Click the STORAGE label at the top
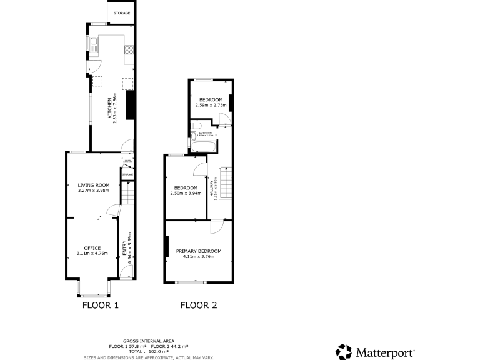(122, 12)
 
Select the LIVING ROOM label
(94, 185)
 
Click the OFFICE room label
(88, 248)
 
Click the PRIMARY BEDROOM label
(199, 251)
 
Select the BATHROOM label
(206, 132)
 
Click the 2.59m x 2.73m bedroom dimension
(211, 106)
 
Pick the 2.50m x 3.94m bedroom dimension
(186, 193)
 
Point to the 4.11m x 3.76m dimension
(199, 256)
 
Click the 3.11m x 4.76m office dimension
(88, 254)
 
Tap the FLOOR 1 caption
(101, 306)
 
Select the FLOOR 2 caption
(199, 306)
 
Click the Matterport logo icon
(344, 352)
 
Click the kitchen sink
(92, 44)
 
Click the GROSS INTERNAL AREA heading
(148, 341)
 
